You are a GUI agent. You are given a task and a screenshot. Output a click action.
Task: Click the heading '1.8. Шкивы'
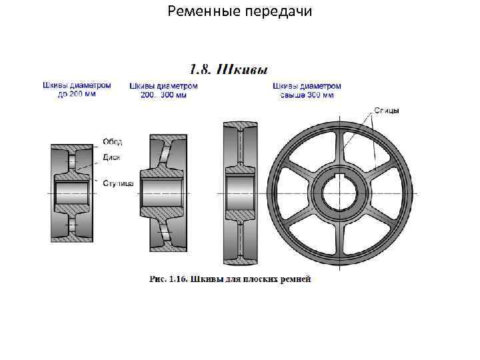point(230,69)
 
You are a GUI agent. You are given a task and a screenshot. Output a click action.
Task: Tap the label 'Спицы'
point(387,111)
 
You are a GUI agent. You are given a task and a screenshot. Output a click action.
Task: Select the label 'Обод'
point(111,142)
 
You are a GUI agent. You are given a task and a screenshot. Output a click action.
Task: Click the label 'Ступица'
point(119,182)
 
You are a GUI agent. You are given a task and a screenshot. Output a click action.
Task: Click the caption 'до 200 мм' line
point(77,95)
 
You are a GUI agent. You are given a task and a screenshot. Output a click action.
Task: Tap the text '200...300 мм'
point(164,95)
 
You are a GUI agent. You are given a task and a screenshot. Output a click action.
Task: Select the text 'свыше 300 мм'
point(307,95)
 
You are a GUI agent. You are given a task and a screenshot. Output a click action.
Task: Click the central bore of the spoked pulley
point(344,193)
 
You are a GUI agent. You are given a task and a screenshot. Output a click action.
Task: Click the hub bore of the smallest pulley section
point(73,193)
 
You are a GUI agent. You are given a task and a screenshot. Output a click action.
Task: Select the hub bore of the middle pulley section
point(162,193)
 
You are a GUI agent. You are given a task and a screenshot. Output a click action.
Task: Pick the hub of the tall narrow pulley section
point(240,193)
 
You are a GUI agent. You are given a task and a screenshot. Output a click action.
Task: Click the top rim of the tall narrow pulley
point(240,125)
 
